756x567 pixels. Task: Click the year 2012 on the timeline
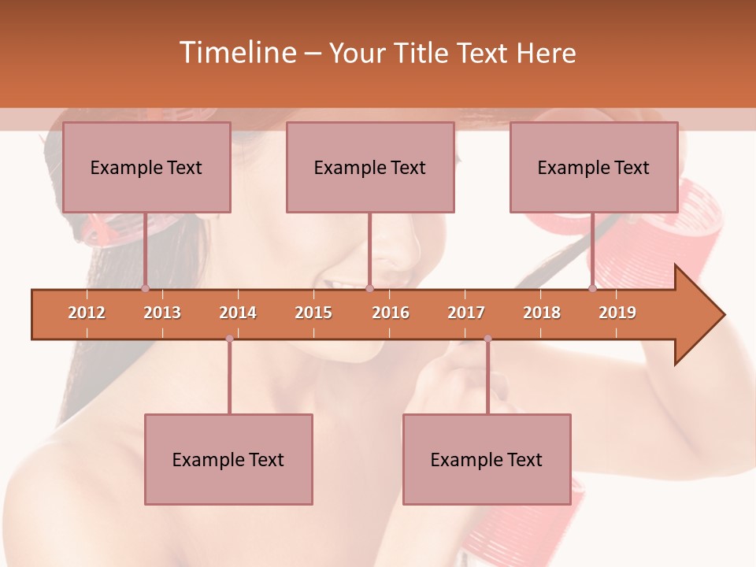(87, 313)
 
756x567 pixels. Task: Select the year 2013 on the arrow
(162, 313)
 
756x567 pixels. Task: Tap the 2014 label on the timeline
(238, 313)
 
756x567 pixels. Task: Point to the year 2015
(313, 313)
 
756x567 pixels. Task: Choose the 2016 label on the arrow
(391, 313)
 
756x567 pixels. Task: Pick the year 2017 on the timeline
(466, 313)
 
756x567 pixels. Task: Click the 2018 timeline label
(542, 313)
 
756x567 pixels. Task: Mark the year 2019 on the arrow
(617, 313)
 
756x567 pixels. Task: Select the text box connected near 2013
(146, 168)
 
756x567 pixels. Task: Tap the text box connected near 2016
(370, 168)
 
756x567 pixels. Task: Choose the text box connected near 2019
(594, 168)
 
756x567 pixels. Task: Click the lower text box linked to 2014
(228, 460)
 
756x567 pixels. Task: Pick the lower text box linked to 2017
(487, 460)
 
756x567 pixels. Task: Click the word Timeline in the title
(237, 53)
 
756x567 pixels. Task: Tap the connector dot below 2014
(229, 339)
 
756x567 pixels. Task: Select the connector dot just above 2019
(593, 288)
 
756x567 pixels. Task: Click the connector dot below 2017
(487, 339)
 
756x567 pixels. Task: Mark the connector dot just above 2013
(146, 288)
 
